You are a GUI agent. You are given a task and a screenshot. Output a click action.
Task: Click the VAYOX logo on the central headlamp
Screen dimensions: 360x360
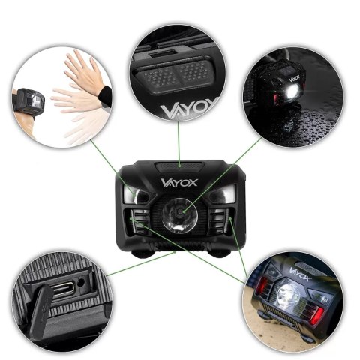[179, 183]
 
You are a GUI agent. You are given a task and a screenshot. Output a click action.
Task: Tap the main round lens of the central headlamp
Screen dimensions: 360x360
[179, 216]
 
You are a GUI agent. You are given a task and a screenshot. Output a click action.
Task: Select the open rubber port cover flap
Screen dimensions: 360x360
[41, 310]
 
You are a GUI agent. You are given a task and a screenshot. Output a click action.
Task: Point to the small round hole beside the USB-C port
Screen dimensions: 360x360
[80, 283]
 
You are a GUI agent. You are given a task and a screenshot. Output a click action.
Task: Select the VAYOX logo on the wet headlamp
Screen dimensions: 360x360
[294, 78]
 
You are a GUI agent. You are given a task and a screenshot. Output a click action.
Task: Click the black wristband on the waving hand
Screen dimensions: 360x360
[105, 97]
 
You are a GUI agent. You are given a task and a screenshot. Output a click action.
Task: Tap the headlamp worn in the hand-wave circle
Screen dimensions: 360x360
[28, 103]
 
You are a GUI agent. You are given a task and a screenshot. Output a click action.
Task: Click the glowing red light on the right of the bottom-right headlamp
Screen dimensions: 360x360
[316, 316]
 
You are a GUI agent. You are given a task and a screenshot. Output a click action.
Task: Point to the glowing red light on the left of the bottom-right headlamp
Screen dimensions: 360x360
[262, 285]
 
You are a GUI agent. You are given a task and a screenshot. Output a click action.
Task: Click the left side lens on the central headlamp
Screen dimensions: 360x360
[137, 195]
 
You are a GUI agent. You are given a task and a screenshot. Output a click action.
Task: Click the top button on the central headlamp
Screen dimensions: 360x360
[179, 166]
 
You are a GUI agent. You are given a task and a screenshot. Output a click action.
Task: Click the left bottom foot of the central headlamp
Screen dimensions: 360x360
[142, 253]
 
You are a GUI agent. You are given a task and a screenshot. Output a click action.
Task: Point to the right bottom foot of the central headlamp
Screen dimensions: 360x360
[220, 253]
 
